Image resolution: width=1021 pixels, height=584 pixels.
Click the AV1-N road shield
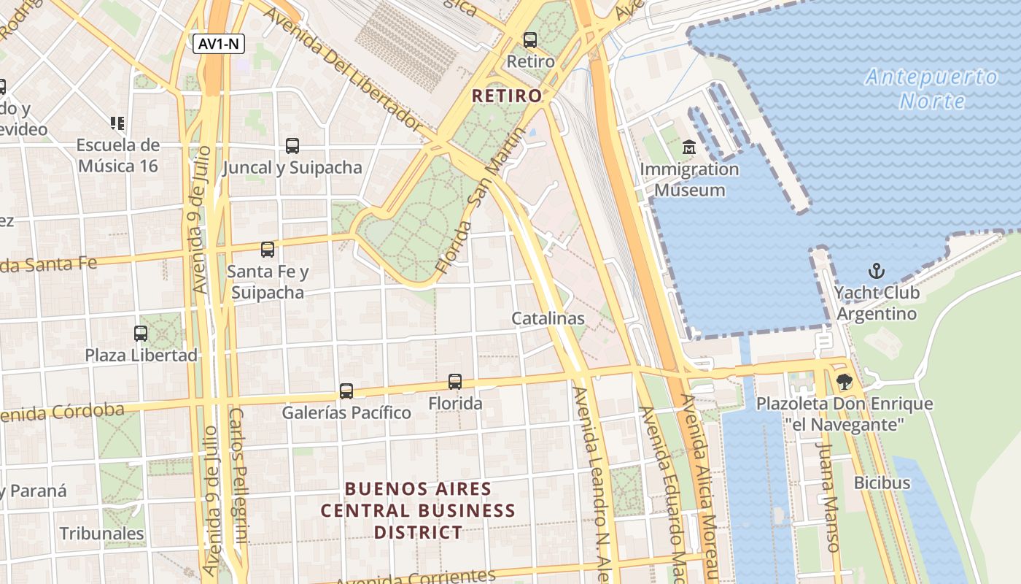point(219,44)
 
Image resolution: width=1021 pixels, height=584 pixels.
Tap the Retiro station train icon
point(530,40)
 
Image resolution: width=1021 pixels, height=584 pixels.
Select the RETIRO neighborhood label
point(507,96)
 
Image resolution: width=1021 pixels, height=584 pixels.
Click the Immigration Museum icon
point(689,148)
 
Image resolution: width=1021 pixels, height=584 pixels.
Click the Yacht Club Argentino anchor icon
point(876,272)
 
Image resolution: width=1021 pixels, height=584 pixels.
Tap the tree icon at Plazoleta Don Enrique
point(844,381)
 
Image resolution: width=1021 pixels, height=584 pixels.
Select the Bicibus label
point(882,483)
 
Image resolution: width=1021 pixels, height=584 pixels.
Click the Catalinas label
point(548,318)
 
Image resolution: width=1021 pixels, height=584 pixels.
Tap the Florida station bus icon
point(455,381)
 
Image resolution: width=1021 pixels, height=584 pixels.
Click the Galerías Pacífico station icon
point(346,391)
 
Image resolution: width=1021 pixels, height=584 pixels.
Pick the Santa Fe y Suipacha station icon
point(268,250)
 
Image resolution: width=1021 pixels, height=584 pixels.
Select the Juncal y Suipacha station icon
point(292,145)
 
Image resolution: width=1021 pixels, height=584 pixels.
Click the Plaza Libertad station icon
point(141,334)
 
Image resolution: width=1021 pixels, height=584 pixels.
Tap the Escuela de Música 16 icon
point(117,123)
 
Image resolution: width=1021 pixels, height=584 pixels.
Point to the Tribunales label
point(102,534)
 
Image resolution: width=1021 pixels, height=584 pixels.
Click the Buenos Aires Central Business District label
point(418,510)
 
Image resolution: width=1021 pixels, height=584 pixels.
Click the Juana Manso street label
point(829,496)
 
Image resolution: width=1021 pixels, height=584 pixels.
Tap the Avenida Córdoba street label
point(62,413)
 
